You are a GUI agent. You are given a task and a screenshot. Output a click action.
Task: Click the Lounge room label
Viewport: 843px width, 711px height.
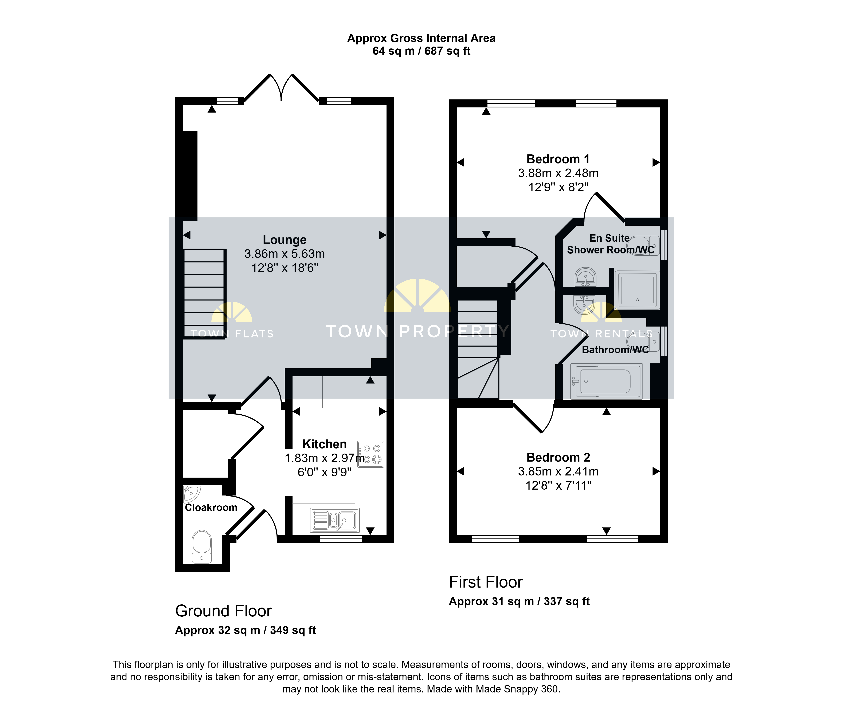pos(285,240)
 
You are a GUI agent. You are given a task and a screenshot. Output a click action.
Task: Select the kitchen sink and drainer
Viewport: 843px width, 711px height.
pos(335,520)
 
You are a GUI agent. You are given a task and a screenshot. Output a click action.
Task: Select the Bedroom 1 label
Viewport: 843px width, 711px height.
pos(558,159)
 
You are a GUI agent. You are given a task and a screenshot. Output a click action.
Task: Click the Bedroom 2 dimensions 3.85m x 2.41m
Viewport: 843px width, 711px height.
pos(558,471)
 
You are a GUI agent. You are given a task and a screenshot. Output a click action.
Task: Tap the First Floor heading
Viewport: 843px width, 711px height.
pos(486,582)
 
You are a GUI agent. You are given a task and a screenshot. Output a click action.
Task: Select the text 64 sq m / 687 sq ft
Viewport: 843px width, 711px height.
pos(421,51)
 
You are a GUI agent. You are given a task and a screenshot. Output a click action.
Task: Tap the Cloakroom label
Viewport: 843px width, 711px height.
pos(211,507)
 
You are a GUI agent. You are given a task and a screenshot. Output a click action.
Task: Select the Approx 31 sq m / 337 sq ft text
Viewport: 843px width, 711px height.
pos(519,601)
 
